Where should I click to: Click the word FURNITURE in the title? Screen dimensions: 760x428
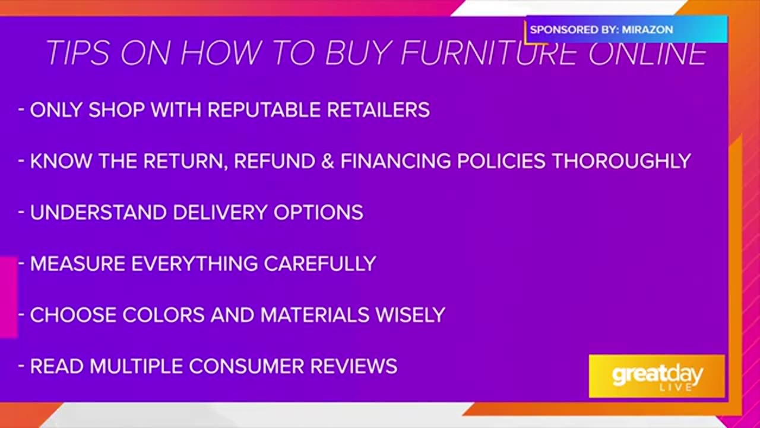[x=489, y=53]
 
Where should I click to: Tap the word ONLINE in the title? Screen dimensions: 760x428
[x=648, y=53]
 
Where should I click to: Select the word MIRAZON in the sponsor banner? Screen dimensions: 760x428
[x=647, y=30]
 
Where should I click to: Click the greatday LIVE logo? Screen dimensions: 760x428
[x=657, y=376]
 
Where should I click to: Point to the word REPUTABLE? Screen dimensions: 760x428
[x=264, y=110]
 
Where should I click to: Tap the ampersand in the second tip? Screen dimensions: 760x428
[x=328, y=161]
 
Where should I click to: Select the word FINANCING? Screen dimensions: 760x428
[x=395, y=161]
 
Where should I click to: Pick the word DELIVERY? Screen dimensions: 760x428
[x=220, y=212]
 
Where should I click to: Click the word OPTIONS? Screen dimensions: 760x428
[x=318, y=212]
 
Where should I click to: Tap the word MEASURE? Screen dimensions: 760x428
[x=78, y=263]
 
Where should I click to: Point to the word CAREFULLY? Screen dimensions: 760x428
[x=320, y=263]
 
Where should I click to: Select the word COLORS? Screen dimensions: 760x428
[x=163, y=315]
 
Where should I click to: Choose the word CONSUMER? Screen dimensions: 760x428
[x=246, y=366]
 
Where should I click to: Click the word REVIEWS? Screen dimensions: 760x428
[x=354, y=366]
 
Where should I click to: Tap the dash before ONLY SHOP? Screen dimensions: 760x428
[x=21, y=110]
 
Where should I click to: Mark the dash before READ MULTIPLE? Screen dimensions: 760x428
[x=21, y=366]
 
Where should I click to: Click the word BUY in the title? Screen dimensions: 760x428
[x=358, y=53]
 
